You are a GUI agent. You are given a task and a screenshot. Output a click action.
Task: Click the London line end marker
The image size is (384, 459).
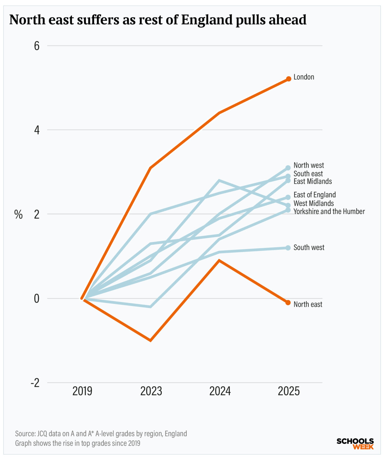(289, 79)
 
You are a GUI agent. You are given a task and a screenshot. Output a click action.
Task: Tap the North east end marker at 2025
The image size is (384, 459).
(288, 303)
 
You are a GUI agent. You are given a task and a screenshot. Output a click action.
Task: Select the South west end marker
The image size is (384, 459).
(288, 248)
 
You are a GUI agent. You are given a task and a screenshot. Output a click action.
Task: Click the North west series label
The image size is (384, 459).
(309, 165)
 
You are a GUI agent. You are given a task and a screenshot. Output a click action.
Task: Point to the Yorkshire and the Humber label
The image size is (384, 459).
(329, 211)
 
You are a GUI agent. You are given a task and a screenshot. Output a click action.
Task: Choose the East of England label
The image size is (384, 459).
(315, 195)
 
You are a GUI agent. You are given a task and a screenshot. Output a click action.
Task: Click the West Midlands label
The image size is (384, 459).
(314, 203)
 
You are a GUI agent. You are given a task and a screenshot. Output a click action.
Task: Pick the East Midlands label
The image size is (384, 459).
(313, 181)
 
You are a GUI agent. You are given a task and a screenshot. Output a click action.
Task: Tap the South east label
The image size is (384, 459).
(308, 173)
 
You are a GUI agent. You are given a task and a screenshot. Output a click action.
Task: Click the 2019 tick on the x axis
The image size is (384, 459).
(82, 391)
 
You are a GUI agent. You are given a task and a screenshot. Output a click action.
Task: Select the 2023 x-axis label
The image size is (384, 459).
(151, 391)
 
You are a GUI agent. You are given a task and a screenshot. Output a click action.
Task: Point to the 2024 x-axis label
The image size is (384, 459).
(220, 391)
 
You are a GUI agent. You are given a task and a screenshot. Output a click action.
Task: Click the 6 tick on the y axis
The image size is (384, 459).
(37, 46)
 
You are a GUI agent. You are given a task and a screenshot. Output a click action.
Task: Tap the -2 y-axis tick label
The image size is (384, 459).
(35, 383)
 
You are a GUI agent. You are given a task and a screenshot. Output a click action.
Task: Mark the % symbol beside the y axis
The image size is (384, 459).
(19, 214)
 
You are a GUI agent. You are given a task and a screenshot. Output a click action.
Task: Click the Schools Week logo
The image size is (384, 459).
(355, 444)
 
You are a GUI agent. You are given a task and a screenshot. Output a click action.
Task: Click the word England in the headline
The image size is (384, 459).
(207, 20)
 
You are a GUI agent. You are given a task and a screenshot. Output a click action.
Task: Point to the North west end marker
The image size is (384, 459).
(288, 168)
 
